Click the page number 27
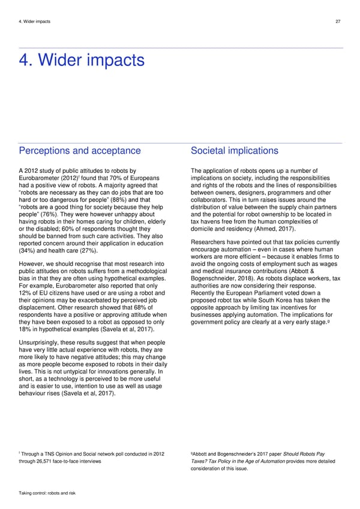[x=338, y=22]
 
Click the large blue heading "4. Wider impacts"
[x=82, y=61]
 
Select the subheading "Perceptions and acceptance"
[x=80, y=151]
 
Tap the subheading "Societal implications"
[x=234, y=151]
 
